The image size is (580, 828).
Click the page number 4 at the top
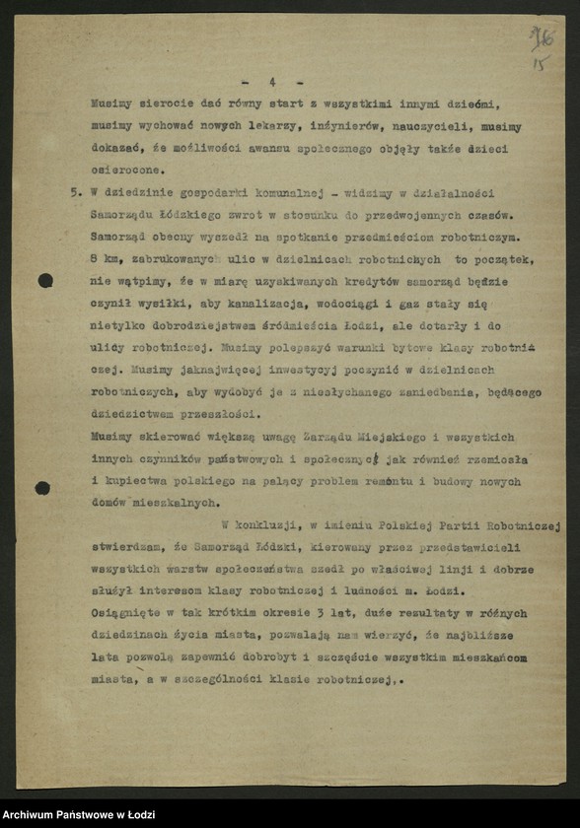(x=272, y=82)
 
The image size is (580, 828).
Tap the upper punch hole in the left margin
(x=45, y=281)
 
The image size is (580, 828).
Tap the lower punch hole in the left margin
(x=42, y=488)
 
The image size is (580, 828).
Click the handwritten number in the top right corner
(x=541, y=42)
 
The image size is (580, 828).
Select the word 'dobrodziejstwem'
(x=217, y=326)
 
